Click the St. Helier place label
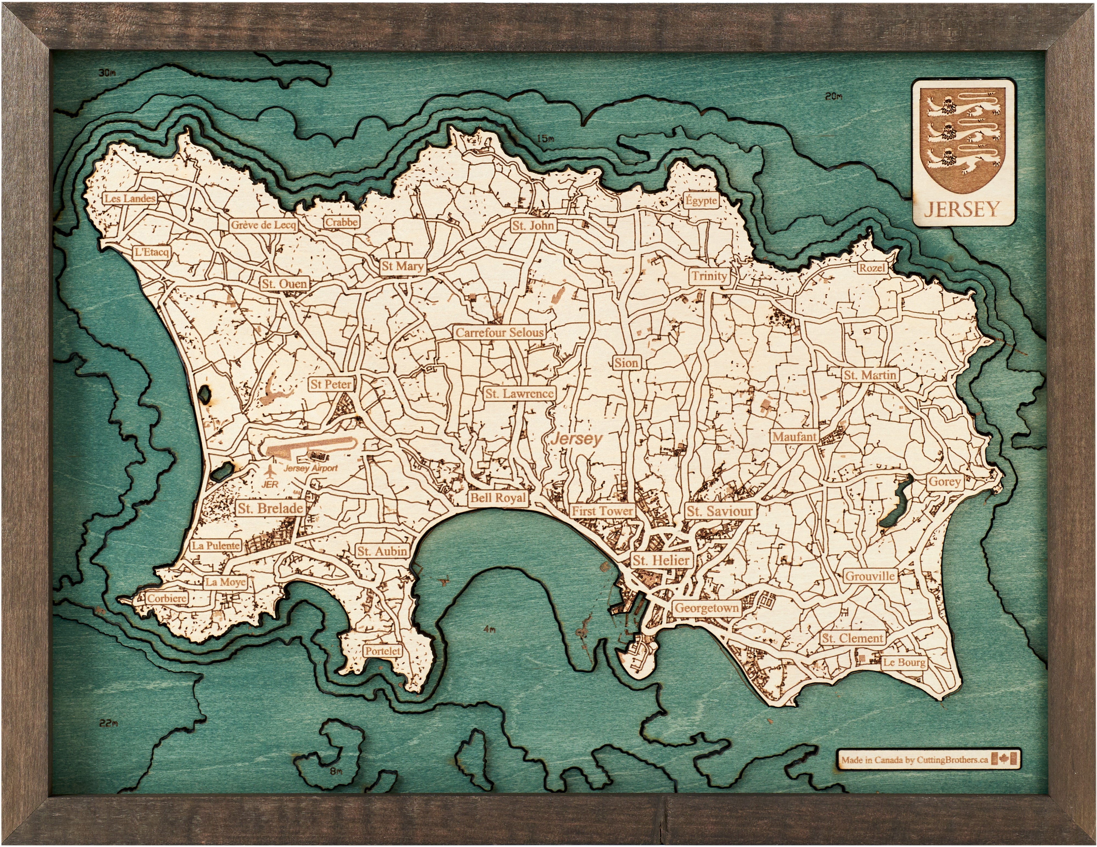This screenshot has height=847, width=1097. [x=660, y=560]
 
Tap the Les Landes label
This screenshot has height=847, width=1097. [x=130, y=198]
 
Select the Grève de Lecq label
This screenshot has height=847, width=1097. [x=263, y=225]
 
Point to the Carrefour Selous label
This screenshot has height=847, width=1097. [x=499, y=332]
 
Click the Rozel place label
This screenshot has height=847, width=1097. [x=872, y=268]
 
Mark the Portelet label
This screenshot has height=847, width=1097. [x=383, y=651]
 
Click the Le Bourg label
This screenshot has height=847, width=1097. [x=904, y=662]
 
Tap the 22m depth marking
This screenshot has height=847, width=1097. [x=108, y=723]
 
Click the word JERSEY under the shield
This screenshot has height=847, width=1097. [x=961, y=209]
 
